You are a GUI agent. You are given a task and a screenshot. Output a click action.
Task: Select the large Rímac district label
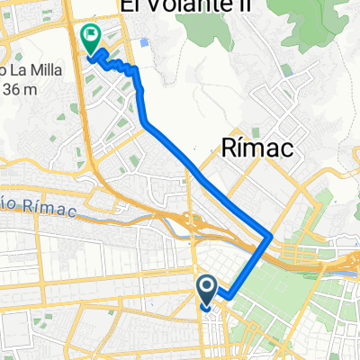(x=256, y=149)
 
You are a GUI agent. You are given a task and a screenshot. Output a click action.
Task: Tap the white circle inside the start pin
(x=206, y=287)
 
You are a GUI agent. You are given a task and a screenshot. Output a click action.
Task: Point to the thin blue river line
(x=117, y=216)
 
